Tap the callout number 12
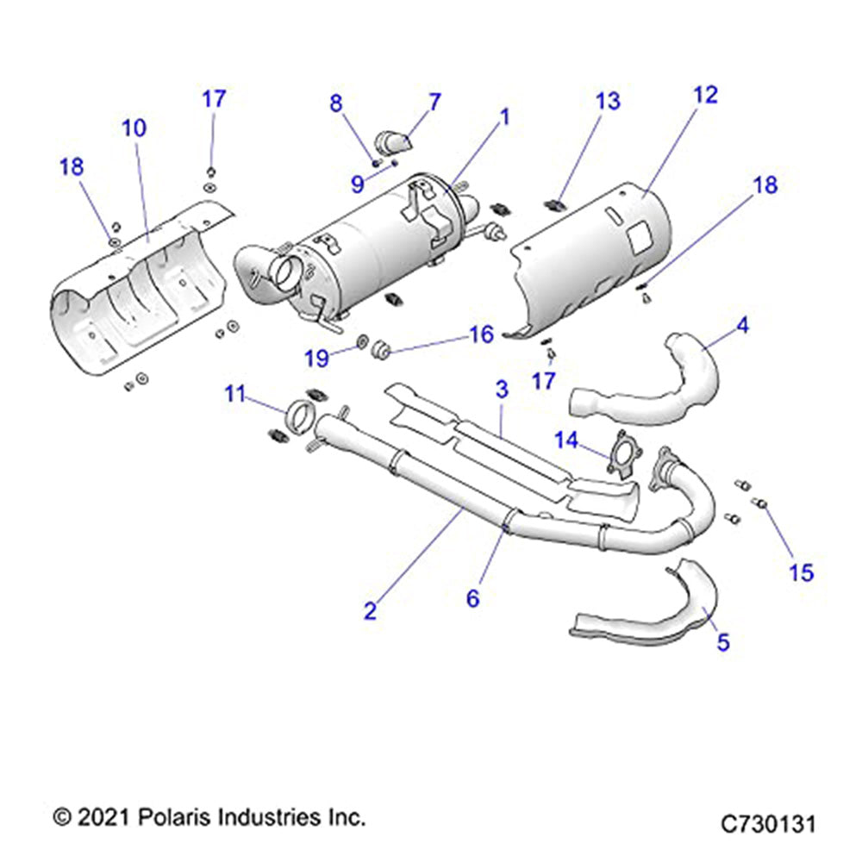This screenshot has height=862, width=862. coord(704,95)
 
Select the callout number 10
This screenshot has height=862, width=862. coord(134,128)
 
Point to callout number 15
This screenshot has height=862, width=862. coord(802,572)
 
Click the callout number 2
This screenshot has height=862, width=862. coord(370,611)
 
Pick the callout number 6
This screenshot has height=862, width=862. coord(472,597)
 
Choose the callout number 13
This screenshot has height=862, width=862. coord(608,101)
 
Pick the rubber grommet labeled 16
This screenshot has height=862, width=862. coord(381,348)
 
